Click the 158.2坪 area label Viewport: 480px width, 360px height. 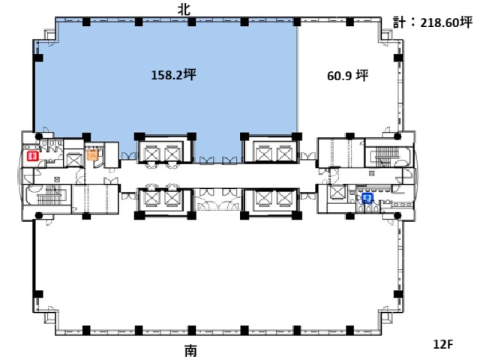coord(173,75)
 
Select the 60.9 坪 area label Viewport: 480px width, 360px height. coord(348,76)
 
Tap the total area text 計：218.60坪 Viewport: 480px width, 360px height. coord(433,22)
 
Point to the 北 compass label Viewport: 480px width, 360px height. coord(184,10)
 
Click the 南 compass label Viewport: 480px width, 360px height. coord(190,351)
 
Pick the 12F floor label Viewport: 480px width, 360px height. coord(443,344)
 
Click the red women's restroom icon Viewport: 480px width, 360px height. coord(32,156)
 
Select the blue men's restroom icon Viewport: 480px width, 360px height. coord(367,198)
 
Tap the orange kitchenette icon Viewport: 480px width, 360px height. coord(92,154)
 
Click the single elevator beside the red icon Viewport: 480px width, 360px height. coord(73,160)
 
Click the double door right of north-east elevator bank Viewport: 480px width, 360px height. coord(308,156)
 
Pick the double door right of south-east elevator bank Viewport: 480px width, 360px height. coord(308,196)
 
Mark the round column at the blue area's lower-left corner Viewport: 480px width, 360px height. coord(38,136)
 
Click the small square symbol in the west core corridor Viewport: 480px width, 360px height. coord(57,179)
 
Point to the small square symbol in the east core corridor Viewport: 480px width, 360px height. coord(372,173)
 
